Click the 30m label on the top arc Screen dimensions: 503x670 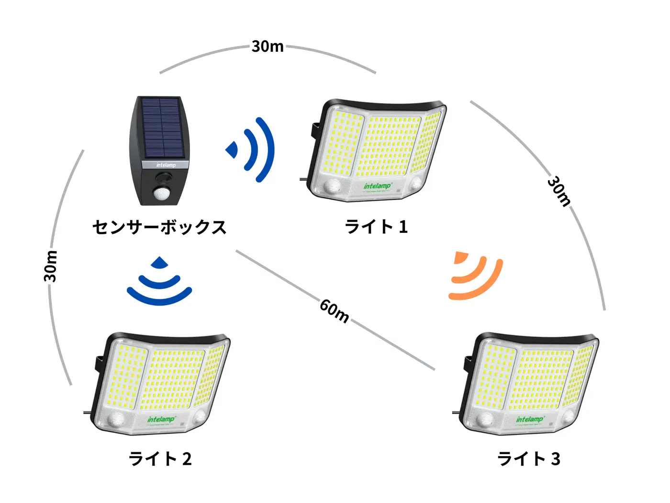pos(268,46)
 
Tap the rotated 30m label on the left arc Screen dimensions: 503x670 pos(50,266)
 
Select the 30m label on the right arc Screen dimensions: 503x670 pos(559,191)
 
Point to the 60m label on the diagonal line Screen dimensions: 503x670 pos(335,311)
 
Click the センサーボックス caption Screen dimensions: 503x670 pos(159,227)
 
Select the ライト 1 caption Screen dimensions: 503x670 pos(376,227)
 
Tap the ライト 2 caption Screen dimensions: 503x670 pos(160,459)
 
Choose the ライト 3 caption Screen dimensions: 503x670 pos(529,459)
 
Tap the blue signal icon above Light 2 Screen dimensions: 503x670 pos(159,282)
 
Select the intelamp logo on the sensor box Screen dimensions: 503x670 pos(166,165)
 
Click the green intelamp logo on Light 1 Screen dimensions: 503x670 pos(377,186)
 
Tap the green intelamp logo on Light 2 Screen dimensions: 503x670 pos(161,420)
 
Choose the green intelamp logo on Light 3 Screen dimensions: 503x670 pos(529,420)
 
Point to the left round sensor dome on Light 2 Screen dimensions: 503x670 pos(116,420)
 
